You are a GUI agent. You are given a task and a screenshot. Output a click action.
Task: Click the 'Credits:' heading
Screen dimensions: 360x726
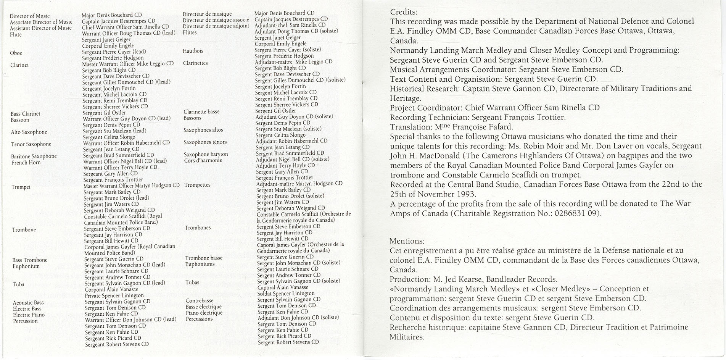coord(404,12)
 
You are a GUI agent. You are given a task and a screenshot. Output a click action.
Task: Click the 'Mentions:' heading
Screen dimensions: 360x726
coord(407,241)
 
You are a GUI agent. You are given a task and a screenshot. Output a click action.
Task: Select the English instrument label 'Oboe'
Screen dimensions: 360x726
coord(16,53)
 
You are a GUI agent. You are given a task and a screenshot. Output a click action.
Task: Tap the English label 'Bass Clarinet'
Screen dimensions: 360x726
coord(25,114)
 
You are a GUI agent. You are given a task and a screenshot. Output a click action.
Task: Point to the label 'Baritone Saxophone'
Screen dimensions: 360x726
coord(34,156)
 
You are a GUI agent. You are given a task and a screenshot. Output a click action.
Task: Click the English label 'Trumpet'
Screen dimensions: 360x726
coord(21,187)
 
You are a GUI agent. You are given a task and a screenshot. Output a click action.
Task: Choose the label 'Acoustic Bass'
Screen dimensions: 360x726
coord(28,303)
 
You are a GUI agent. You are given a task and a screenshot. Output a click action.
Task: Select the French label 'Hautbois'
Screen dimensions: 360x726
coord(193,51)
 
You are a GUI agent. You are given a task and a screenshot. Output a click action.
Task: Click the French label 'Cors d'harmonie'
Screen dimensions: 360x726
coord(203,160)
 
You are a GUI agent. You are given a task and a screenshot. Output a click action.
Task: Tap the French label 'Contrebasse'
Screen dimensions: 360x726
coord(200,300)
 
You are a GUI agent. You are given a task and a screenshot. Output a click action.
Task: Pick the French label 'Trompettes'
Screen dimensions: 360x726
coord(197,185)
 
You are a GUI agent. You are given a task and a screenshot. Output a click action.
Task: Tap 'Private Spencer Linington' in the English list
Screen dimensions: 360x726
coord(114,295)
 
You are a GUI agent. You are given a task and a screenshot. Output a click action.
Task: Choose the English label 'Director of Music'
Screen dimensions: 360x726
coord(30,16)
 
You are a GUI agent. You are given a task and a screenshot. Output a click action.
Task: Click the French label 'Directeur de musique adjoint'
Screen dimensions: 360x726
coord(216,26)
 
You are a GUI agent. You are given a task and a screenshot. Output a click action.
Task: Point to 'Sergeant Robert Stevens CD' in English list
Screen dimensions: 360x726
coord(117,344)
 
